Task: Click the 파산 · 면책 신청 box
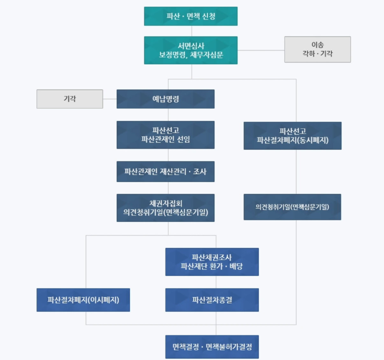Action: (190, 16)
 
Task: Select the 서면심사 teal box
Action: (190, 50)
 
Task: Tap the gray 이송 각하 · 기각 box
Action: (317, 49)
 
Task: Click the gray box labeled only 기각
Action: (70, 99)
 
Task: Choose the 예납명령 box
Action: (165, 99)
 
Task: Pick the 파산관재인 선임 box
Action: (165, 135)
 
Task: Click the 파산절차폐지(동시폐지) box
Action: (292, 136)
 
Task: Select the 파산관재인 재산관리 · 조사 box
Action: (165, 172)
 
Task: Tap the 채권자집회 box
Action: (165, 208)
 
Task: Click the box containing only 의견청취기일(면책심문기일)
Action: (292, 207)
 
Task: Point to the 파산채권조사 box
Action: (212, 262)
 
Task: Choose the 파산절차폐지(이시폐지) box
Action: (83, 300)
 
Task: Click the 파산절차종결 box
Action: (212, 300)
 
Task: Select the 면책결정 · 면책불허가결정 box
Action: (212, 347)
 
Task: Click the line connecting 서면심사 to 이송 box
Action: (261, 50)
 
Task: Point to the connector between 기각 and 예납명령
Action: (110, 99)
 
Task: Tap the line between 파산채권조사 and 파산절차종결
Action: (216, 282)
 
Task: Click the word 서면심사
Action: (191, 46)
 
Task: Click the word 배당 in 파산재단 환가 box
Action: (236, 266)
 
